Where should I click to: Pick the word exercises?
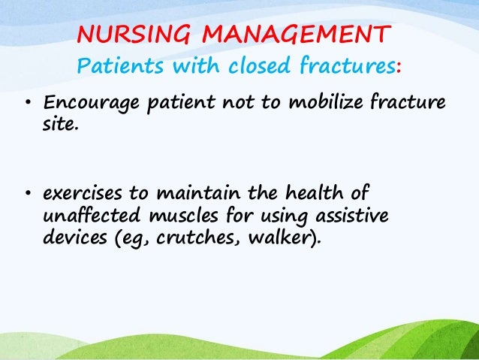tap(77, 198)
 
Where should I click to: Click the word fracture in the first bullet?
tap(405, 103)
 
